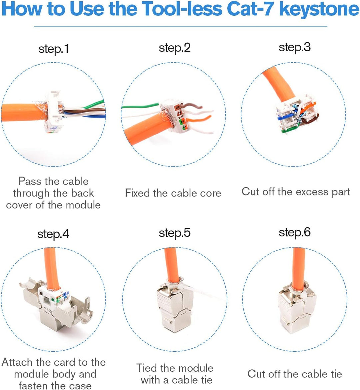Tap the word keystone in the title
(x=319, y=9)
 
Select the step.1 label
(x=54, y=49)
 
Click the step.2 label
(x=175, y=48)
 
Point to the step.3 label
(x=295, y=47)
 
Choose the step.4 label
(x=53, y=234)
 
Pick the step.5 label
(x=175, y=233)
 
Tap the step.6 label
(x=295, y=232)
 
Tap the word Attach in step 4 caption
(x=17, y=362)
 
